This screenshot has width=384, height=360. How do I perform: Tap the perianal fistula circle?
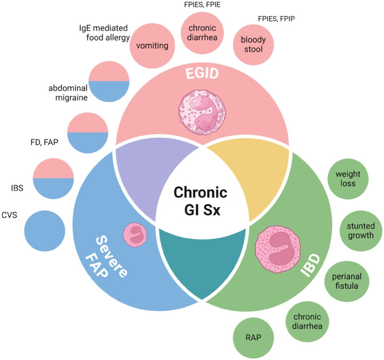tap(348, 281)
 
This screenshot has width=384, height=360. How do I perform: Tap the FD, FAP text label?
tap(45, 143)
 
